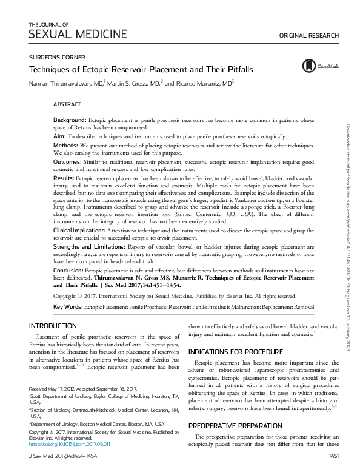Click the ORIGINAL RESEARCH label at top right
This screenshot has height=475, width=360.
308,36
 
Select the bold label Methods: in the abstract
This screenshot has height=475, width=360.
65,146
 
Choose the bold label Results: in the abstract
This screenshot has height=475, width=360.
64,179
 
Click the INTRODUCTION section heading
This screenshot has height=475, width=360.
53,325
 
